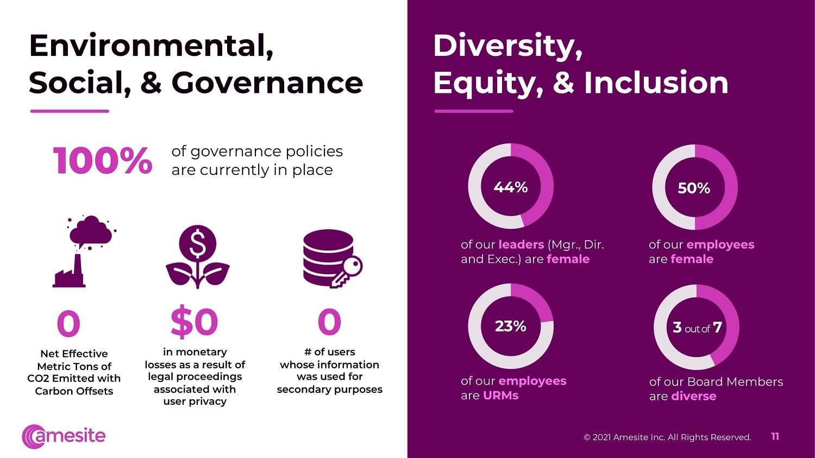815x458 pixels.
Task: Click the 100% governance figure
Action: (103, 161)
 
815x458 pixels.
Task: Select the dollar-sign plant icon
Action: (198, 256)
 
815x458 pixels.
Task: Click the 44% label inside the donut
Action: (511, 187)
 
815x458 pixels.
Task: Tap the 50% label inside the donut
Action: (694, 189)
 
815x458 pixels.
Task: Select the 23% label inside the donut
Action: (511, 327)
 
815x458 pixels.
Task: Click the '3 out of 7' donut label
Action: (697, 328)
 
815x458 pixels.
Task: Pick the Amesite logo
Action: (64, 436)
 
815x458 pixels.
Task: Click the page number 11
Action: (775, 437)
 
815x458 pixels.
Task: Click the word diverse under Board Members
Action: (694, 396)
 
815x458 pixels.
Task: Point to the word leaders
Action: (521, 244)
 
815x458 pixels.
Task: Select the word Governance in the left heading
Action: (267, 83)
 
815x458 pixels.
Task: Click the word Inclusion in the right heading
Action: (656, 83)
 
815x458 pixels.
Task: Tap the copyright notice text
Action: (667, 437)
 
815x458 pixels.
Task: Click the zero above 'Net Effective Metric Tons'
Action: (68, 324)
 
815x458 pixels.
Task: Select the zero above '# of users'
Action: (329, 322)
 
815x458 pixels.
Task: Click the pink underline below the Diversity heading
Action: (474, 111)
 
